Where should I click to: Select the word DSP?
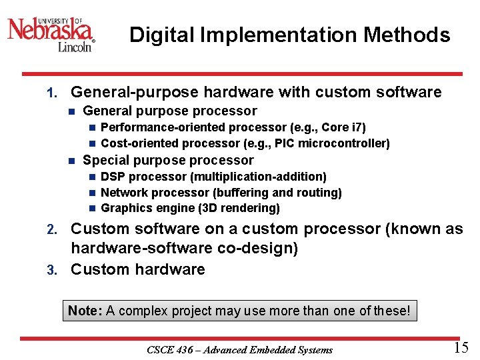113,177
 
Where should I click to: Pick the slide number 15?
461,347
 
